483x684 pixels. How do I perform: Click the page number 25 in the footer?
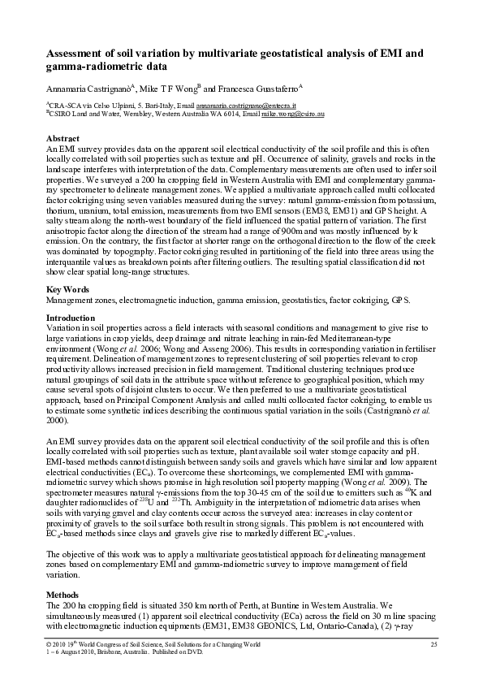point(433,643)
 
